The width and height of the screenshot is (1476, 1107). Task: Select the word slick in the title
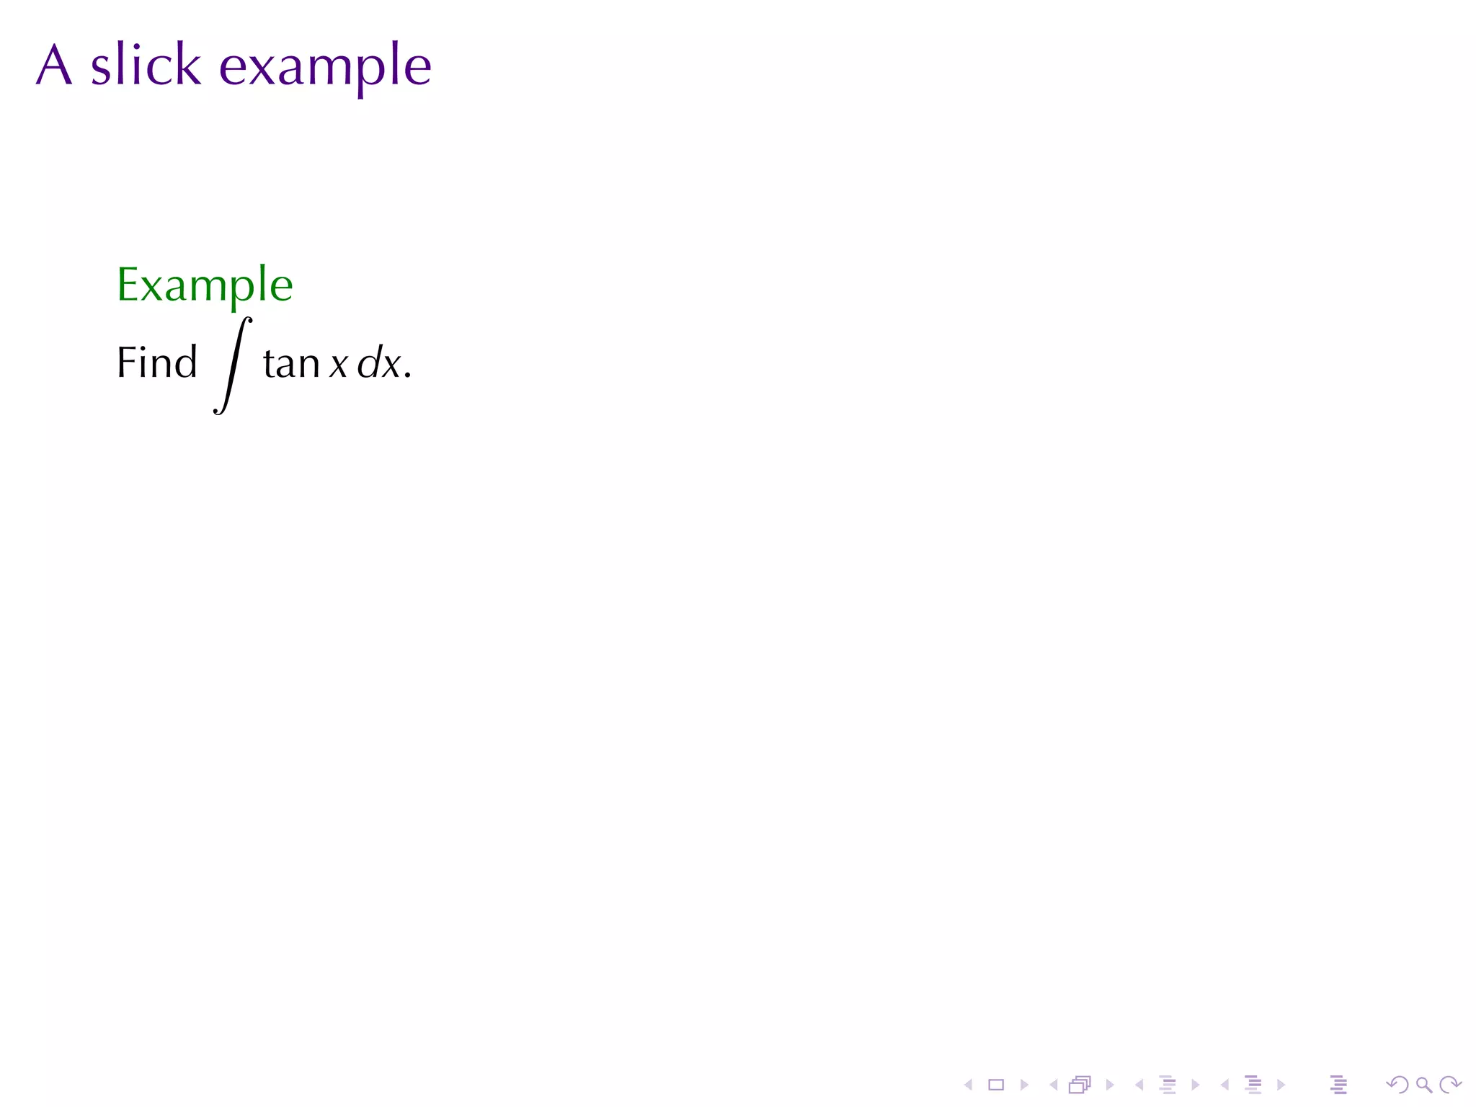click(x=146, y=65)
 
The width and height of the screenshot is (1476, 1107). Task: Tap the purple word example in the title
click(x=324, y=67)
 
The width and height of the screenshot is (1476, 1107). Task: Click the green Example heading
click(x=205, y=285)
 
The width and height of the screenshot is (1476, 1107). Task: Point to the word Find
click(x=156, y=363)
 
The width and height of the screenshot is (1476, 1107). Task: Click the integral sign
click(x=233, y=365)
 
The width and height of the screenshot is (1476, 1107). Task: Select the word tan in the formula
click(x=291, y=364)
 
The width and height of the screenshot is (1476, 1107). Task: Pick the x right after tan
click(x=339, y=365)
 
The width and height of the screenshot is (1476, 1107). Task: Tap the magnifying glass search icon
click(x=1423, y=1085)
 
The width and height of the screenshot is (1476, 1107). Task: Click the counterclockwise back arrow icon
click(x=1397, y=1085)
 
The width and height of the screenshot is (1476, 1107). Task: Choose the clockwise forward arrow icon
click(x=1450, y=1085)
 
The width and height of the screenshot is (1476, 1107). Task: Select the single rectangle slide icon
click(x=996, y=1085)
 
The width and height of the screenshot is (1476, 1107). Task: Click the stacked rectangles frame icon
click(x=1080, y=1085)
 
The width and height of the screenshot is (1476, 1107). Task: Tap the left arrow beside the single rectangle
click(x=969, y=1085)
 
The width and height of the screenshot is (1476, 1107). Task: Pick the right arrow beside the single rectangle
click(x=1024, y=1085)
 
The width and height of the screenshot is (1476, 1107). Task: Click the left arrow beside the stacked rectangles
click(x=1053, y=1085)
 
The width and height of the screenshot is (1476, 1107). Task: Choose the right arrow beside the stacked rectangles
click(x=1110, y=1085)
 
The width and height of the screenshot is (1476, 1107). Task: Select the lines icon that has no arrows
click(x=1338, y=1085)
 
